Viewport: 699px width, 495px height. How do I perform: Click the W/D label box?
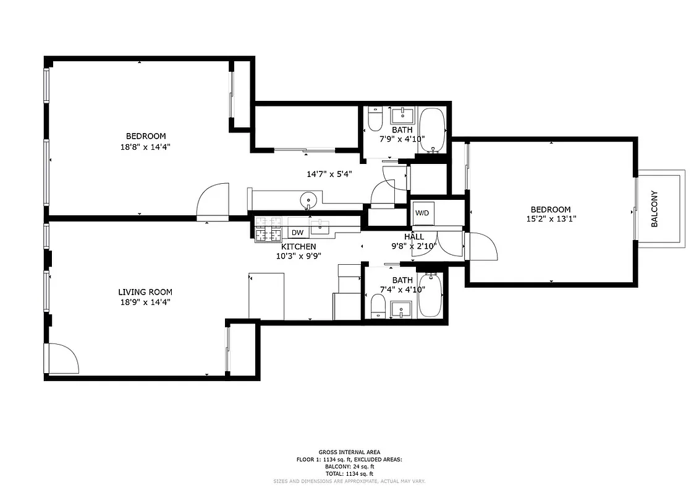pos(423,213)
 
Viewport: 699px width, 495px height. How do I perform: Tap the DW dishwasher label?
pos(297,233)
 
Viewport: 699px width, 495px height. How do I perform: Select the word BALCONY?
pos(655,209)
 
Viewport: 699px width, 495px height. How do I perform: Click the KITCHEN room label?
pos(299,246)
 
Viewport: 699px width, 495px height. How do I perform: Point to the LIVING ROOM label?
pos(145,292)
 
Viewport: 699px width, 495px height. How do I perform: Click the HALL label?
pos(414,237)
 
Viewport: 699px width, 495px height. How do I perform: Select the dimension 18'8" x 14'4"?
pos(146,147)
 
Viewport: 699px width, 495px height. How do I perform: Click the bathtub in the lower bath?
pos(430,295)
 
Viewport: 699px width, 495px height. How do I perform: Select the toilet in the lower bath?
pos(378,306)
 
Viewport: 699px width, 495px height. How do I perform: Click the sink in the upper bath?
pos(403,115)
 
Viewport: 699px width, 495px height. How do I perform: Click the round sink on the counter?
pos(308,200)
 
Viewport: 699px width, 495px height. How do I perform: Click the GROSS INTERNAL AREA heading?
pos(349,452)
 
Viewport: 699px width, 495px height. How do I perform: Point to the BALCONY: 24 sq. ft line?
pos(349,467)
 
